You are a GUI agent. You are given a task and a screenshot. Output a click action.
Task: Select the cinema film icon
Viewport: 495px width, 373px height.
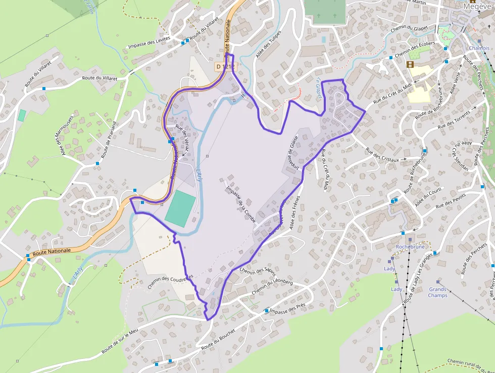(x=410, y=64)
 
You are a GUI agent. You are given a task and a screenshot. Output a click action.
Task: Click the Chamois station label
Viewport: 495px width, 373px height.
(x=479, y=48)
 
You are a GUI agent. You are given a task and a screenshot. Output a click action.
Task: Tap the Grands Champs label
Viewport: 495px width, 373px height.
(x=437, y=292)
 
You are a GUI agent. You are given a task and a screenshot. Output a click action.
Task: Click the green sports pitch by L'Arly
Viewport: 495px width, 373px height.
(x=180, y=209)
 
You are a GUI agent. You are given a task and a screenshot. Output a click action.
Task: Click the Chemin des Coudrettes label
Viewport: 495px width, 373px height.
(x=170, y=283)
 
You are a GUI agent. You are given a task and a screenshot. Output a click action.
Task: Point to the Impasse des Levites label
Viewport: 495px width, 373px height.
(x=149, y=45)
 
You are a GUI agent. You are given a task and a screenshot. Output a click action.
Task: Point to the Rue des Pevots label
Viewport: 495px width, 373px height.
(x=450, y=201)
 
